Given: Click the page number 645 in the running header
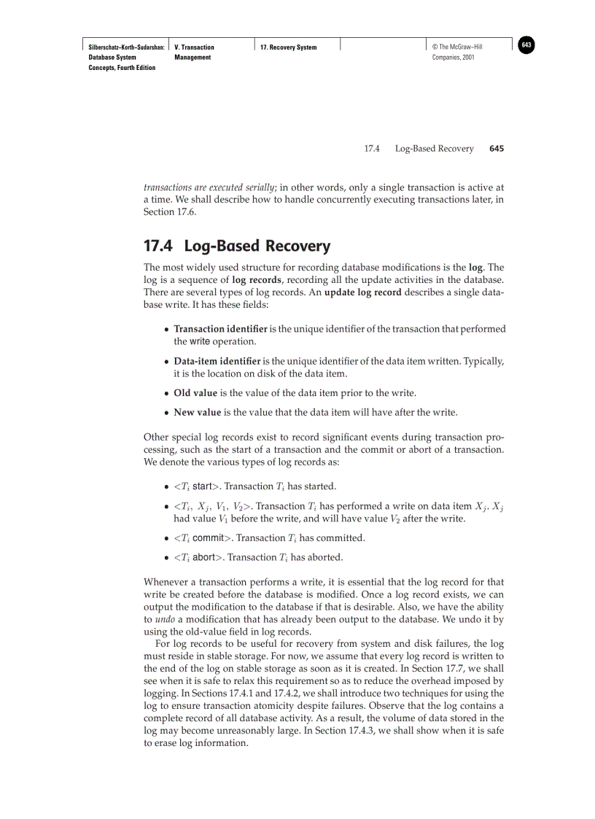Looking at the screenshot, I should coord(497,149).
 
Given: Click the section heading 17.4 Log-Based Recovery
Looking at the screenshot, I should coord(237,247).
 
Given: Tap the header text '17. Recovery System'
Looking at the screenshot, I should coord(289,47).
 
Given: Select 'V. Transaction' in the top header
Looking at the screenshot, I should coord(195,47).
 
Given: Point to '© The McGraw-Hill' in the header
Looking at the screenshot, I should coord(457,47).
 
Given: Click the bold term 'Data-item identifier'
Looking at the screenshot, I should coord(217,361).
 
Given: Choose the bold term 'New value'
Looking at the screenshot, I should coord(197,412).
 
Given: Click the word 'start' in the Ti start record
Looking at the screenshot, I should coord(202,486).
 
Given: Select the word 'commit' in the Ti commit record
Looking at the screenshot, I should coord(208,538).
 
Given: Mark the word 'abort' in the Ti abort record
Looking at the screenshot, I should coord(204,557).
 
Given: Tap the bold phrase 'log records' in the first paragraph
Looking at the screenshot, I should coord(256,279).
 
